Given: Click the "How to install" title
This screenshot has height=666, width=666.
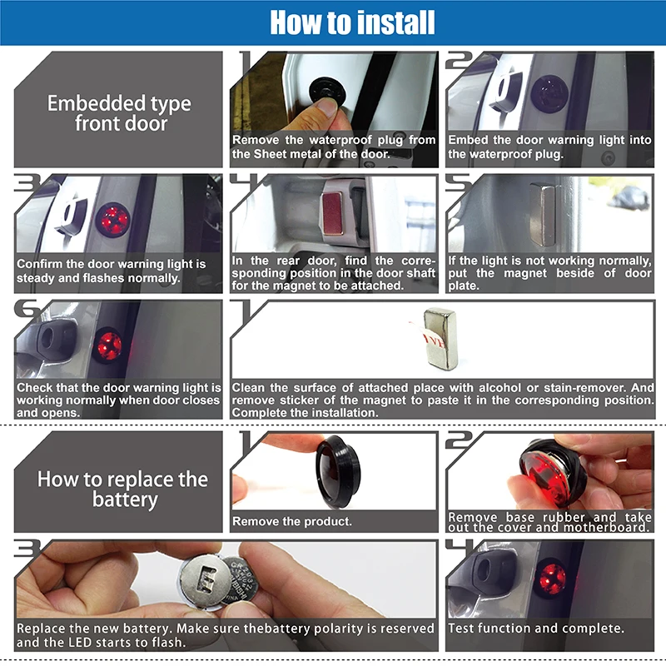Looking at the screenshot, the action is tap(352, 22).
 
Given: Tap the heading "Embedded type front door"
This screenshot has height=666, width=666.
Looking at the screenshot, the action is tap(119, 113).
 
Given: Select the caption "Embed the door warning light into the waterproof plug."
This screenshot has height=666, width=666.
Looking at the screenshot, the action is tap(549, 147).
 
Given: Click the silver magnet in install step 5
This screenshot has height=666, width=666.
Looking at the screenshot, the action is tap(543, 215).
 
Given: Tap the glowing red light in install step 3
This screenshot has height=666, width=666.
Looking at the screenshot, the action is tap(112, 219).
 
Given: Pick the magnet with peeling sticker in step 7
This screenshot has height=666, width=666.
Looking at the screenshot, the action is tap(440, 338).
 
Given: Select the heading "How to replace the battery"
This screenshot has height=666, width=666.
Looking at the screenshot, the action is tap(122, 489).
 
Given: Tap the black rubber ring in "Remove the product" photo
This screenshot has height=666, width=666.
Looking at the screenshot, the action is tap(337, 472).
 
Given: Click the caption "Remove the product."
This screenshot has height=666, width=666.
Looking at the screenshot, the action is tap(292, 521).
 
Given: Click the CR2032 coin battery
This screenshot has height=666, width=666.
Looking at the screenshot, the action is tap(241, 582).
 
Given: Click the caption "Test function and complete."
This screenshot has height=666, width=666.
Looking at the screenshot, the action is tap(536, 628).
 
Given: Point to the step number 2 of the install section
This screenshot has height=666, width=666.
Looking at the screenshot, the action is tap(459, 60).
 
